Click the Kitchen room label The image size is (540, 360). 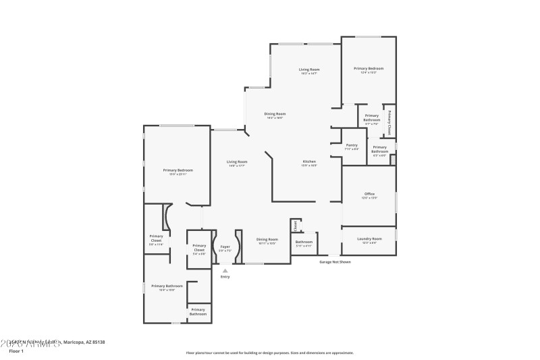click(309, 161)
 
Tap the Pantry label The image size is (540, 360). click(352, 145)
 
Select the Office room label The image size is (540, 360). click(369, 194)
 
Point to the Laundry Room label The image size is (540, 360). click(369, 238)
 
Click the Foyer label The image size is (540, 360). click(225, 247)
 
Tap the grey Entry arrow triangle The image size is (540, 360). click(225, 270)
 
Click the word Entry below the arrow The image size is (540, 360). click(225, 277)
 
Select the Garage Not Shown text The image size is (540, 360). click(335, 261)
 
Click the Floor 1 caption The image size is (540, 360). click(16, 351)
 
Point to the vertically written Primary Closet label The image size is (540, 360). click(389, 123)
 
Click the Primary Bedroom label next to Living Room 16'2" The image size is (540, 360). click(369, 68)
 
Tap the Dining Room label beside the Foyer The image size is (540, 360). click(267, 239)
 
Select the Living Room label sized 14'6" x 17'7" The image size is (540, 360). click(237, 161)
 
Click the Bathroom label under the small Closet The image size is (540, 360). click(304, 242)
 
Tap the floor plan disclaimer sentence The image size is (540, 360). click(270, 353)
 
